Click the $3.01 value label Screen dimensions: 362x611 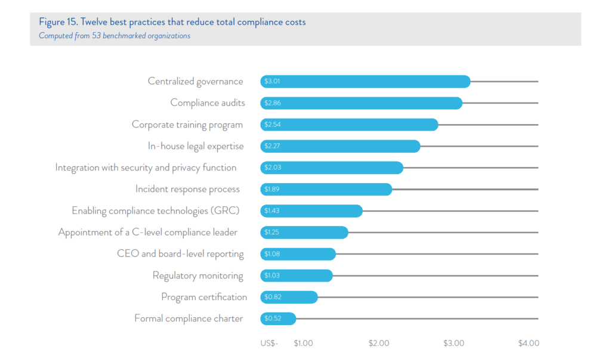tap(272, 81)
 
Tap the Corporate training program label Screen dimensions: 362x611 tap(187, 125)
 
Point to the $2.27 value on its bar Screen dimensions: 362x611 tap(272, 146)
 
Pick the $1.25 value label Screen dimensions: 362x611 tap(272, 232)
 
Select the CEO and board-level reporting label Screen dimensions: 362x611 tap(180, 253)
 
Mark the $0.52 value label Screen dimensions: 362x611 tap(272, 318)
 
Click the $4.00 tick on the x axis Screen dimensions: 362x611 tap(529, 344)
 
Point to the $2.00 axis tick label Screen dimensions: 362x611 tap(379, 344)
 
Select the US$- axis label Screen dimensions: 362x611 tap(269, 344)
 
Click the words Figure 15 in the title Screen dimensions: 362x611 tap(57, 22)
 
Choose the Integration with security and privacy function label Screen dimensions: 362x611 tap(146, 168)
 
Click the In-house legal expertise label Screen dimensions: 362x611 tap(196, 146)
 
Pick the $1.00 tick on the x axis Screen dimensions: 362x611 tap(303, 344)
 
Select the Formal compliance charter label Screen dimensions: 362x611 tap(189, 318)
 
